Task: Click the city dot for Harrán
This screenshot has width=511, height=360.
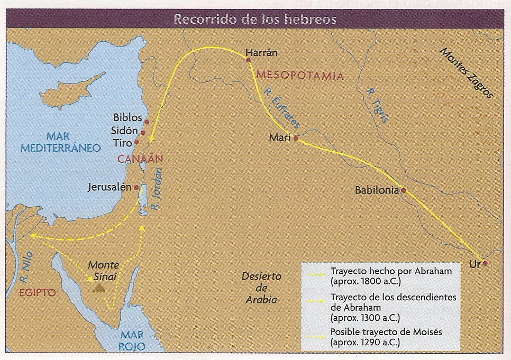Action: click(248, 60)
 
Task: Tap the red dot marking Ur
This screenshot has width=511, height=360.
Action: click(485, 263)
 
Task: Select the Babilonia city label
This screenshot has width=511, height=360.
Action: click(377, 190)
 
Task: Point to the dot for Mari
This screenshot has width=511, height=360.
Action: click(296, 139)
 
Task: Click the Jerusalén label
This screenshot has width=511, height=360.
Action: click(111, 187)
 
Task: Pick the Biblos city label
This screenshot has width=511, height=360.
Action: click(127, 118)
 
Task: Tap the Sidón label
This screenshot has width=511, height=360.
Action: click(125, 131)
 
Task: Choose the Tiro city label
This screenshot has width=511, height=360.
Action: click(123, 143)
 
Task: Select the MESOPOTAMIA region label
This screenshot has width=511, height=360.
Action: click(299, 76)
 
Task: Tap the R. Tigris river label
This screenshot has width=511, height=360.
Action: click(377, 105)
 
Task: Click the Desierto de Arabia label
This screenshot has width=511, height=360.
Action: click(261, 288)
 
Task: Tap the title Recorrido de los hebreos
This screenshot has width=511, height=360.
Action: click(255, 19)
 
